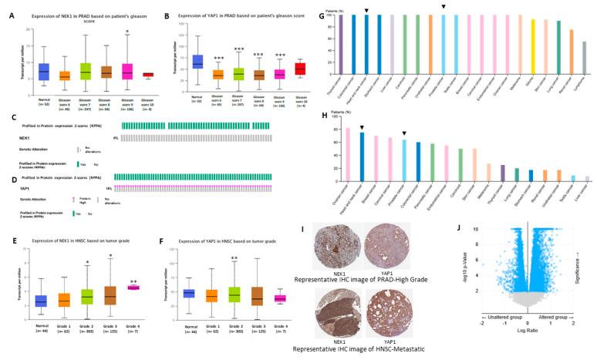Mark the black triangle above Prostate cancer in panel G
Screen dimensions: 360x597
[x=444, y=7]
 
